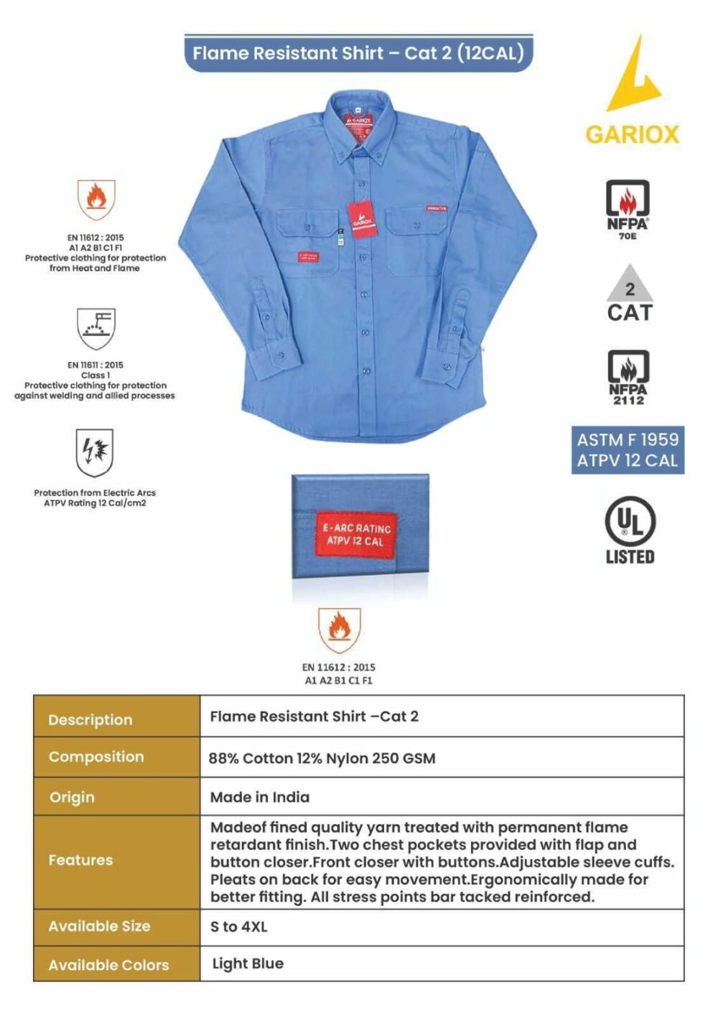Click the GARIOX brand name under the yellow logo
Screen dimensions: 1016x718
point(632,134)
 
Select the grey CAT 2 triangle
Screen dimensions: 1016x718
point(630,284)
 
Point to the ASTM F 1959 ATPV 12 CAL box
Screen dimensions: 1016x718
point(628,450)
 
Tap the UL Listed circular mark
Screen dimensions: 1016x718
point(629,522)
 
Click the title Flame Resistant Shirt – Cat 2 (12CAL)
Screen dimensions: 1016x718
point(358,53)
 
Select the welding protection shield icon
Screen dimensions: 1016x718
point(95,328)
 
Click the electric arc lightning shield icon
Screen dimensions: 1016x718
point(95,452)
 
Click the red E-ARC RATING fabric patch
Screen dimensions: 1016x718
point(357,534)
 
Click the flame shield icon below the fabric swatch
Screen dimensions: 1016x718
point(339,630)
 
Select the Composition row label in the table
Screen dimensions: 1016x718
point(96,757)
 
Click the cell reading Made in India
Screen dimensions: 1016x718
point(260,797)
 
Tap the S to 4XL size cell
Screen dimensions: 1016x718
point(238,927)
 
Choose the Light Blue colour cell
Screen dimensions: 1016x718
point(248,964)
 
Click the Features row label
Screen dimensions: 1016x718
point(80,860)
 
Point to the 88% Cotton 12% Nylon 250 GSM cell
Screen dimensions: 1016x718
point(322,758)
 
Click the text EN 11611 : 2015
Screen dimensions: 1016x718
point(95,365)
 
